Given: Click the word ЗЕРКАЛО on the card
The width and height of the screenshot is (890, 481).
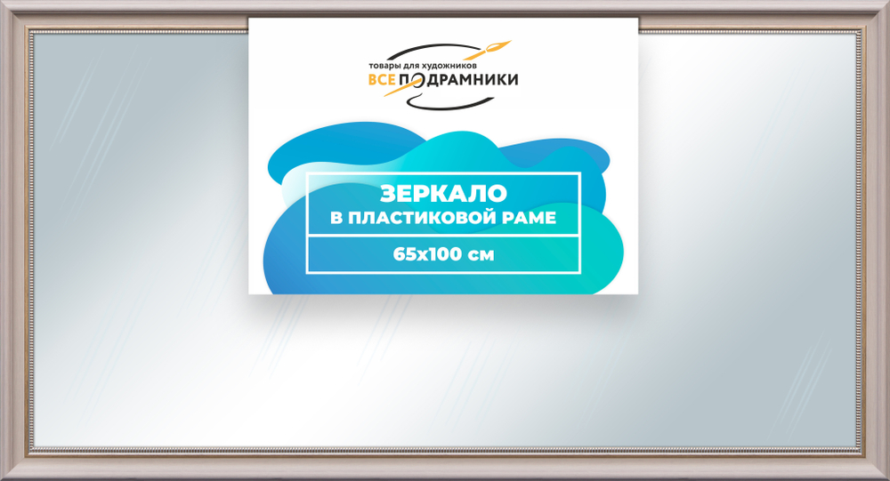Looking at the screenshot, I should click(443, 194).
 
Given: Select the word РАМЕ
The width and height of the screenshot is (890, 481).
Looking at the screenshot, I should click(532, 219).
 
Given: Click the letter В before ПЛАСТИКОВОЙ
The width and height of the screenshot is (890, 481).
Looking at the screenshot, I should click(336, 219).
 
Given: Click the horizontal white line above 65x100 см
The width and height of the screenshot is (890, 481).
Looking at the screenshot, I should click(443, 236).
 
